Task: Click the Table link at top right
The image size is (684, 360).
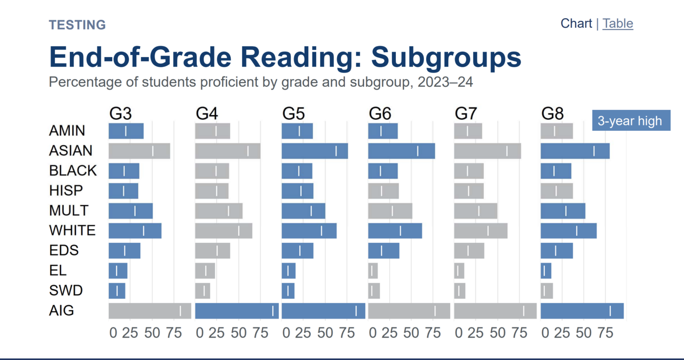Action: (x=618, y=24)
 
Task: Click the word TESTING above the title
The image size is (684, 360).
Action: (x=77, y=25)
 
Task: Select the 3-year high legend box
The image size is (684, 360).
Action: (x=631, y=121)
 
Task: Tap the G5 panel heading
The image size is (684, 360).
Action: (x=293, y=114)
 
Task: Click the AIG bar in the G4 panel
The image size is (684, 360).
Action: (x=236, y=311)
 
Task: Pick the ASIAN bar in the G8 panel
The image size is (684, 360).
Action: (x=574, y=151)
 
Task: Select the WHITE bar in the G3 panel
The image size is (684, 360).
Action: (x=134, y=231)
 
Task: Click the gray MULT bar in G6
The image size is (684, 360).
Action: (x=390, y=210)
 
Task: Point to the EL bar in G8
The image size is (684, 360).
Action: (x=546, y=271)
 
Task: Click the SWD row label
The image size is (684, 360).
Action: (x=65, y=291)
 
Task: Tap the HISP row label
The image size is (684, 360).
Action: (x=65, y=190)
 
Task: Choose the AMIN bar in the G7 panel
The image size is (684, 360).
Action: (x=468, y=131)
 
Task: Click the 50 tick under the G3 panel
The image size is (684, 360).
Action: (x=152, y=333)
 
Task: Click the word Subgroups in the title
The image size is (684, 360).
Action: (x=446, y=57)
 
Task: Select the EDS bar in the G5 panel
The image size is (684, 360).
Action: (x=297, y=251)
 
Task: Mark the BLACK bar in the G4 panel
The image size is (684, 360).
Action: (x=212, y=171)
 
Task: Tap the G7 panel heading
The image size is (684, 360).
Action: (x=466, y=114)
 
